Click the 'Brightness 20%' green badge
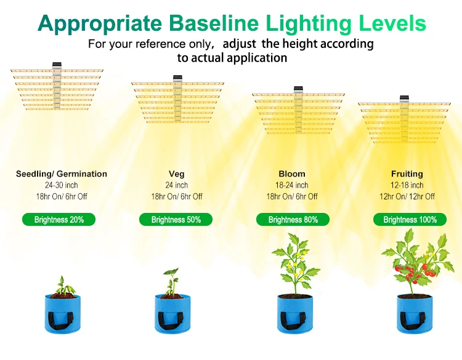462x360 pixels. (59, 220)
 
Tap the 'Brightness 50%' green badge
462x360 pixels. (176, 220)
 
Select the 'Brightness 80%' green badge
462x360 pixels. (293, 220)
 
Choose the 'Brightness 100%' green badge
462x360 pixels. (410, 220)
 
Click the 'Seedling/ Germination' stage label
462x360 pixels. (62, 174)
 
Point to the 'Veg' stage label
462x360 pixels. (177, 174)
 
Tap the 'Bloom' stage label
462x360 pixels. (292, 174)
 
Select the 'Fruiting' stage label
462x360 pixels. (407, 174)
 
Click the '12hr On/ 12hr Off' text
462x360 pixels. (407, 196)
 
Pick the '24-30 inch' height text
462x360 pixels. (62, 185)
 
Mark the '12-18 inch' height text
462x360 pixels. (407, 185)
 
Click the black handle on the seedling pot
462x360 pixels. (62, 318)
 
